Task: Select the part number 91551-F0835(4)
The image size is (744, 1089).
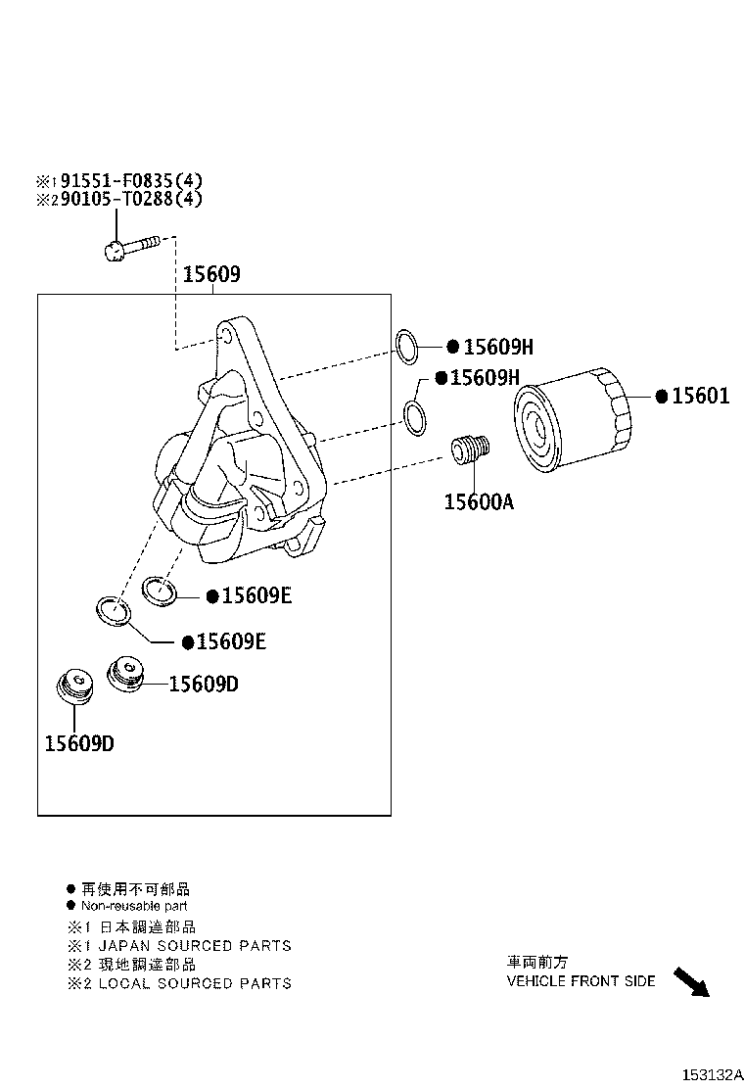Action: (131, 181)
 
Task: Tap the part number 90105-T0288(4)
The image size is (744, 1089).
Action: (131, 199)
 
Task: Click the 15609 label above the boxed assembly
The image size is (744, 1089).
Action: (210, 275)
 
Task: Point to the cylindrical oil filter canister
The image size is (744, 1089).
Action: (574, 416)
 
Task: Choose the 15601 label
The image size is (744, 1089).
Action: (701, 397)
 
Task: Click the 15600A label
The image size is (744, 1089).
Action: (479, 502)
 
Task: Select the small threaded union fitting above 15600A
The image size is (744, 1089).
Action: (470, 450)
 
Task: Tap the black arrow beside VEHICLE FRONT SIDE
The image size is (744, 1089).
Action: (691, 981)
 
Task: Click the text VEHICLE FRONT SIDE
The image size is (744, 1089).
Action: (581, 980)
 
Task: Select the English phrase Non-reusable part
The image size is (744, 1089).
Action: (134, 906)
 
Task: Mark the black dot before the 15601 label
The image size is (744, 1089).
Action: (662, 397)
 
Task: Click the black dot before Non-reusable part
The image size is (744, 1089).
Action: (71, 906)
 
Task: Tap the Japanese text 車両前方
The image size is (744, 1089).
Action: (536, 962)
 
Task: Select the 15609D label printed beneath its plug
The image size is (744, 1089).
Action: (78, 743)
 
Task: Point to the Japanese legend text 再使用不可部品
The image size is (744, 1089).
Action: (135, 889)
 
